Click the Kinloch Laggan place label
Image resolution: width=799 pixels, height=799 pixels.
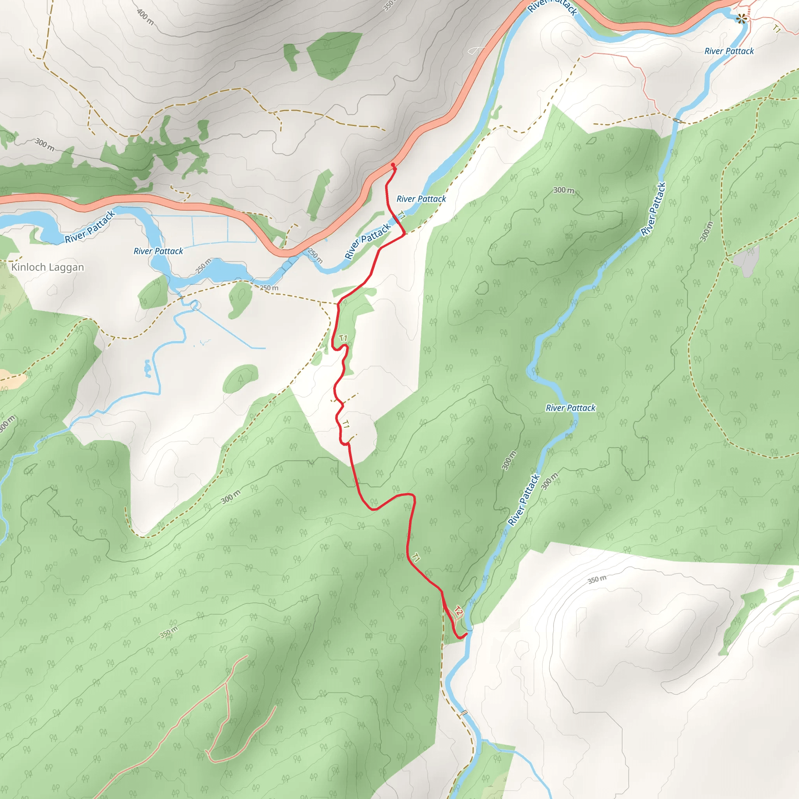coord(48,267)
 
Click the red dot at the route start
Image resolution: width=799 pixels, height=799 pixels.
coord(392,165)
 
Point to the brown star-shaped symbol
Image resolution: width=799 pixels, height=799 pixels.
coord(742,18)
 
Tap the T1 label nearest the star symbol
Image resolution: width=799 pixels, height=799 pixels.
coord(777,28)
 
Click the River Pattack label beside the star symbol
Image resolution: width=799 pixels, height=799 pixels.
coord(729,51)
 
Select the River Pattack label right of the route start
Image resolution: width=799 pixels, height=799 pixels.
coord(421,199)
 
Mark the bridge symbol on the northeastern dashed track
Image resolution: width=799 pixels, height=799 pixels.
coord(677,120)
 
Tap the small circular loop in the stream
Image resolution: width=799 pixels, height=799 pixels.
coord(195,305)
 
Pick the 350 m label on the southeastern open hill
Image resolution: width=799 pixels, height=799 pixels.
coord(597,580)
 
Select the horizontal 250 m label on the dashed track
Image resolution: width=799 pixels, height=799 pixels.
coord(269,288)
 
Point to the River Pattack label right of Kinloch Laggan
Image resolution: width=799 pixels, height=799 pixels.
coord(158,251)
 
